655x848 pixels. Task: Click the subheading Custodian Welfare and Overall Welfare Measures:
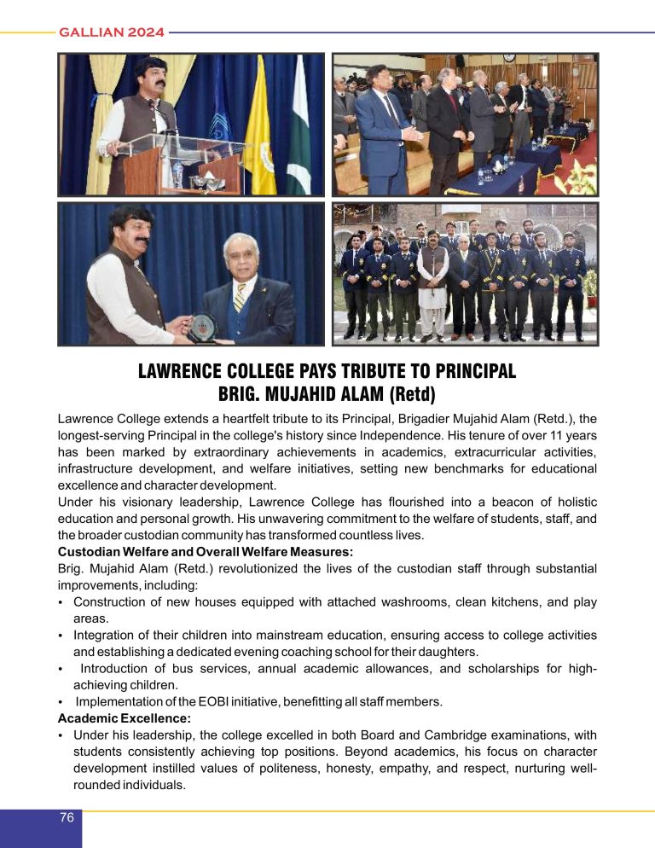(206, 552)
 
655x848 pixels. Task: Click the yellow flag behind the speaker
(261, 128)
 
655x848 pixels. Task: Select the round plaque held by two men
(202, 327)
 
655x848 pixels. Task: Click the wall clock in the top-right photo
(509, 58)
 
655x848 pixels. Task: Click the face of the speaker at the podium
(152, 75)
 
